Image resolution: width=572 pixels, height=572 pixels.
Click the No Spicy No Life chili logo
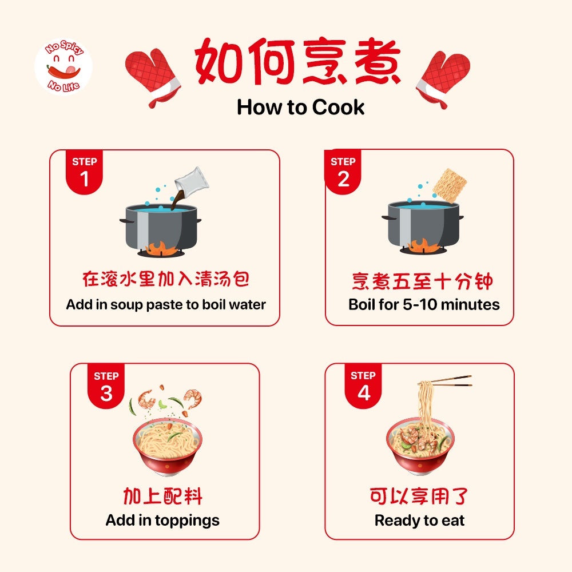(x=63, y=66)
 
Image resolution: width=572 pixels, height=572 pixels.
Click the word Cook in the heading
(x=338, y=108)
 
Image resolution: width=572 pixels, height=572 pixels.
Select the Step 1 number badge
(x=84, y=172)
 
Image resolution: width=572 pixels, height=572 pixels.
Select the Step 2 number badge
(x=343, y=172)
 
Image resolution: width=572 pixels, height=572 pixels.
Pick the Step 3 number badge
(x=106, y=386)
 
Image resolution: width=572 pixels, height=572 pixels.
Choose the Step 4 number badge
(x=363, y=386)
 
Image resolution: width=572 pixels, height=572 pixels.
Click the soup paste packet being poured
(x=192, y=181)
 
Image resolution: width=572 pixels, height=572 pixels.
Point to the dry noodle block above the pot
(x=450, y=185)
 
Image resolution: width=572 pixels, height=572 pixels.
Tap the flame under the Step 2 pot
(x=424, y=245)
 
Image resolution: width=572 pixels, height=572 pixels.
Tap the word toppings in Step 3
(x=187, y=521)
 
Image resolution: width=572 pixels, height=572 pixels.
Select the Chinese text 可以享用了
(x=419, y=496)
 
